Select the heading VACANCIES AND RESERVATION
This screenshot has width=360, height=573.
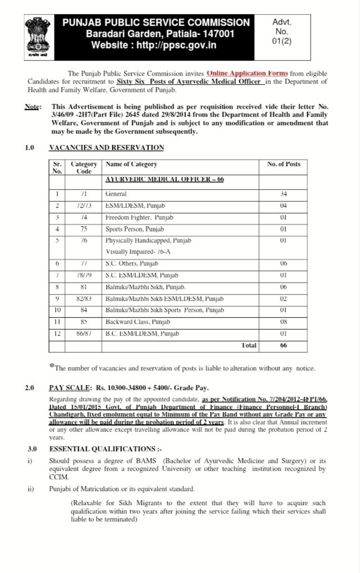tap(107, 148)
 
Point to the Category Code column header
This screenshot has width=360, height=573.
tap(84, 168)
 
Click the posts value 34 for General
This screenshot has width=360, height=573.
tap(284, 194)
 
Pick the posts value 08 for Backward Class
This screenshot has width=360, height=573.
tap(284, 322)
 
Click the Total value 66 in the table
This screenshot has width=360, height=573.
tap(284, 346)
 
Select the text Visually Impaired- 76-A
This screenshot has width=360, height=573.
tap(140, 252)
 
